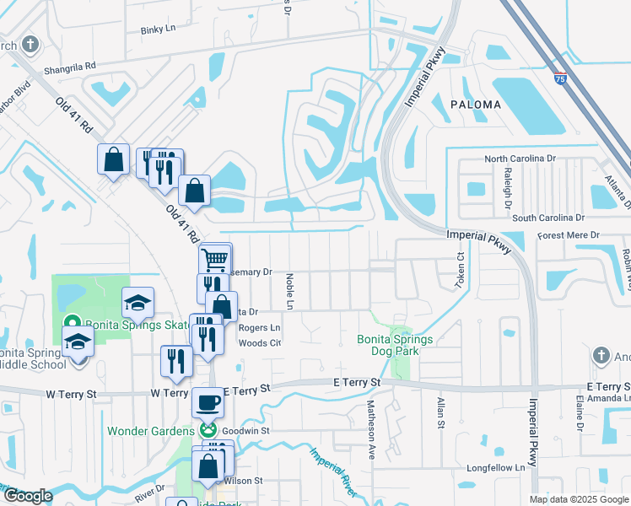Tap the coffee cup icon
(208, 402)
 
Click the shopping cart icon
(215, 259)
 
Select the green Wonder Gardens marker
(208, 431)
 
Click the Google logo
(28, 496)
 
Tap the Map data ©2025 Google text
(579, 499)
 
